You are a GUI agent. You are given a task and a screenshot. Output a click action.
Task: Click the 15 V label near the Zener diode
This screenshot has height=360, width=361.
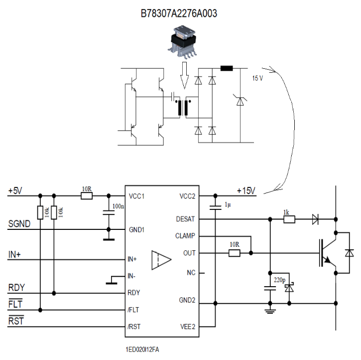(x=257, y=78)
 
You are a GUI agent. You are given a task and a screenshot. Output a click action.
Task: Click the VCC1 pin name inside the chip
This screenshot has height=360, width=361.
(x=137, y=196)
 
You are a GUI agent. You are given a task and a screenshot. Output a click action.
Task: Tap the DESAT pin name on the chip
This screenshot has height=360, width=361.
(x=186, y=219)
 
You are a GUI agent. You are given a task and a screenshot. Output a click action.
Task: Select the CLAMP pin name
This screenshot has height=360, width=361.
(x=185, y=236)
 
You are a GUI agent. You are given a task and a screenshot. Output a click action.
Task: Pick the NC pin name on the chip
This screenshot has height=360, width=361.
(x=191, y=273)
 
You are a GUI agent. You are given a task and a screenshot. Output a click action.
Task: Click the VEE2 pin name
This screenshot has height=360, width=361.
(x=187, y=327)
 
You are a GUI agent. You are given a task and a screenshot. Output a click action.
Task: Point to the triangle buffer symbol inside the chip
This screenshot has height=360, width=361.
(x=162, y=260)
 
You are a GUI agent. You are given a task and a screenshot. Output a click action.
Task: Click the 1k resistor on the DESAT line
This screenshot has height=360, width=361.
(x=289, y=218)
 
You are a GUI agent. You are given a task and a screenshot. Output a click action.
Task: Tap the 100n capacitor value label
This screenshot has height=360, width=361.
(x=118, y=205)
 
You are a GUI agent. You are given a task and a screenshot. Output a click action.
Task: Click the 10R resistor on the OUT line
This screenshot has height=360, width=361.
(x=235, y=253)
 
